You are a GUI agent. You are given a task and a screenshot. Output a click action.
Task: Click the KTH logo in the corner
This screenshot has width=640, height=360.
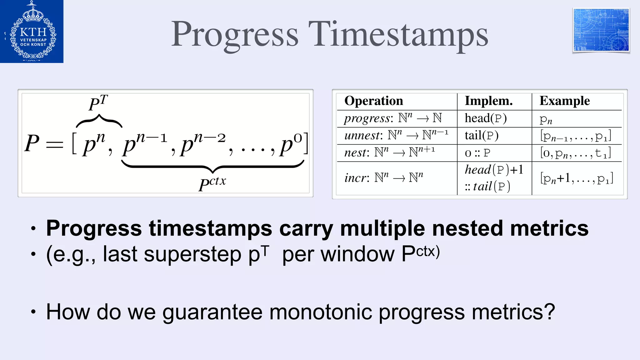pos(32,31)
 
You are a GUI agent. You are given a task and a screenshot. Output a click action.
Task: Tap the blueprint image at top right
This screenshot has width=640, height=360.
pos(601,30)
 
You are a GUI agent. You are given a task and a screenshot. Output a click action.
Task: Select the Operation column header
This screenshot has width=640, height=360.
pos(373,101)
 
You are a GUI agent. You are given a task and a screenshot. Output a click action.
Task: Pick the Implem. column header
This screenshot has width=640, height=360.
pos(489,101)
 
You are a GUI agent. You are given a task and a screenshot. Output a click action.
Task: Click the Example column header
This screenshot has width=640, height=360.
pos(564,101)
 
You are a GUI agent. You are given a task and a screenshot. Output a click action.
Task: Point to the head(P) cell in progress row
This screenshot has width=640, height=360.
pos(485,118)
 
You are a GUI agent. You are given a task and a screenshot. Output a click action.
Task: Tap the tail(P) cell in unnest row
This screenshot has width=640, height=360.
pos(481,136)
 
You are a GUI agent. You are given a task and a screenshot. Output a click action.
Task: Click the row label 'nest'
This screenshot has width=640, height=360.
pos(354,153)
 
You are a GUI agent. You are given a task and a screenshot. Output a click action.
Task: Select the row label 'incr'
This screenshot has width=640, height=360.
pos(354,178)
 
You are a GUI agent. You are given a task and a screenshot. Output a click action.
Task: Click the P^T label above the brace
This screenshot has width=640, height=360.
pos(98,103)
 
